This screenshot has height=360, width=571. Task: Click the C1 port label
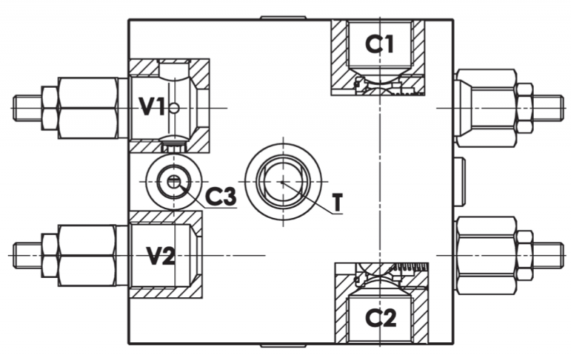click(380, 44)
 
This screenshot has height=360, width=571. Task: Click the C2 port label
click(380, 318)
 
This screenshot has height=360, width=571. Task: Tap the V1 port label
click(152, 107)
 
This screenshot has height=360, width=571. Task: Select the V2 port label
click(161, 256)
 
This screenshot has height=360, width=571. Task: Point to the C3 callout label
click(221, 196)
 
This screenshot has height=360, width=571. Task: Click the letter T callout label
click(338, 202)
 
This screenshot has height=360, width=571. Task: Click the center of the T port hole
click(283, 182)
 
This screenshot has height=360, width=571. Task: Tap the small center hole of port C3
click(174, 181)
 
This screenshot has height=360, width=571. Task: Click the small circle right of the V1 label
click(174, 108)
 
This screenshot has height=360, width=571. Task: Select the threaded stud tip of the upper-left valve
click(28, 108)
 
